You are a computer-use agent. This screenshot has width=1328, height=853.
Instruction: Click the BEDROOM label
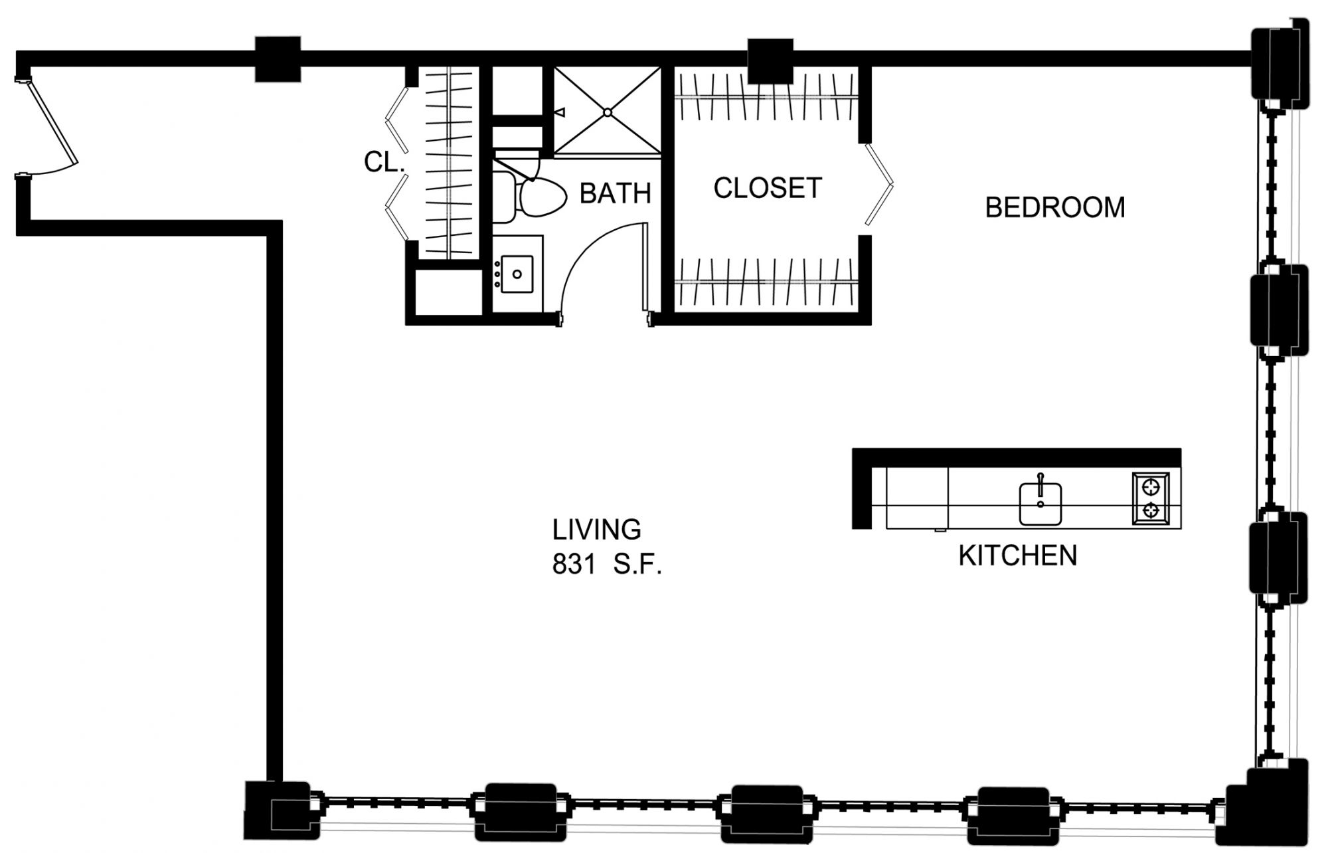click(1055, 207)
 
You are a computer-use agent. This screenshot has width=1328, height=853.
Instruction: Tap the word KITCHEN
click(1017, 555)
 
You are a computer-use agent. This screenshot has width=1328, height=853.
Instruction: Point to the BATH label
click(615, 193)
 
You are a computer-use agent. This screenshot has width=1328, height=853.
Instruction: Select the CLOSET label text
click(768, 188)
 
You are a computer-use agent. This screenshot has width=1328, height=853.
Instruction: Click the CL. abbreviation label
click(384, 161)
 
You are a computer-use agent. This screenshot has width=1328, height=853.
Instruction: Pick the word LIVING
click(597, 529)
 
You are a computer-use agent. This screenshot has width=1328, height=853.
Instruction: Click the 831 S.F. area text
click(607, 565)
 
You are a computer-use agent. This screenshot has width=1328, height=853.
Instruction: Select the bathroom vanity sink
click(517, 274)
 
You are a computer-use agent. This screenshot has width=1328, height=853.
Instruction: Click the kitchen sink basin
click(1040, 504)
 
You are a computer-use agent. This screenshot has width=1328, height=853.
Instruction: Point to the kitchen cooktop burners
click(1151, 500)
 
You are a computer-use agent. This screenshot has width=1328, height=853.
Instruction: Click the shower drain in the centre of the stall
click(608, 113)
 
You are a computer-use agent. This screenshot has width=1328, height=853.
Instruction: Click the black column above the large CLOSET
click(770, 61)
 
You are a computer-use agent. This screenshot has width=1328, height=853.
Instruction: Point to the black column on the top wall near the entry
click(278, 59)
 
